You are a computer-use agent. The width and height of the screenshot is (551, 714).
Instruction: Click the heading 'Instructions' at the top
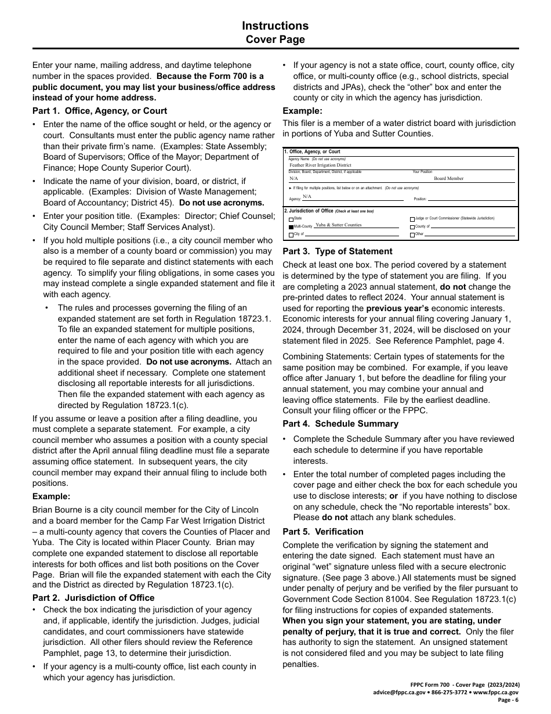coord(275,26)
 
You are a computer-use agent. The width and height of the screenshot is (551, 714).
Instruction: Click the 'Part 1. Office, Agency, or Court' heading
coord(100,111)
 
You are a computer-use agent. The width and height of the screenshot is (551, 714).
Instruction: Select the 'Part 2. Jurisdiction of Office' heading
coord(93,598)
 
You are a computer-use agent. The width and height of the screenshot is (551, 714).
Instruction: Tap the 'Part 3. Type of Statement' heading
coord(337,251)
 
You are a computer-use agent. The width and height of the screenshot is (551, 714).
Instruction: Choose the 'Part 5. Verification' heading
coord(323,532)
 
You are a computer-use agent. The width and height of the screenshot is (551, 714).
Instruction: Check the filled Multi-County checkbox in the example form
coord(291,226)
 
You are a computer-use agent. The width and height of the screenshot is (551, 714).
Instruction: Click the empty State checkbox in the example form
coord(291,219)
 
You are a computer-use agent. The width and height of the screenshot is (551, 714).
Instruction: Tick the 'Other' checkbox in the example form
coord(412,235)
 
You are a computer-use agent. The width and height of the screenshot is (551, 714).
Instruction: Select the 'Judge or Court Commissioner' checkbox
coord(412,219)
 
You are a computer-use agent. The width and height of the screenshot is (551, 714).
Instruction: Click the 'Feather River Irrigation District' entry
coord(320,165)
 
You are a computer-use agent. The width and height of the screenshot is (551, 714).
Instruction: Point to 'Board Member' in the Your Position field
coord(449,179)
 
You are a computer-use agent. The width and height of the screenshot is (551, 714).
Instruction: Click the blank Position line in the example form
coord(470,200)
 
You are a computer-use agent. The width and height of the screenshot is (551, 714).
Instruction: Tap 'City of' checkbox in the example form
coord(291,235)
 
